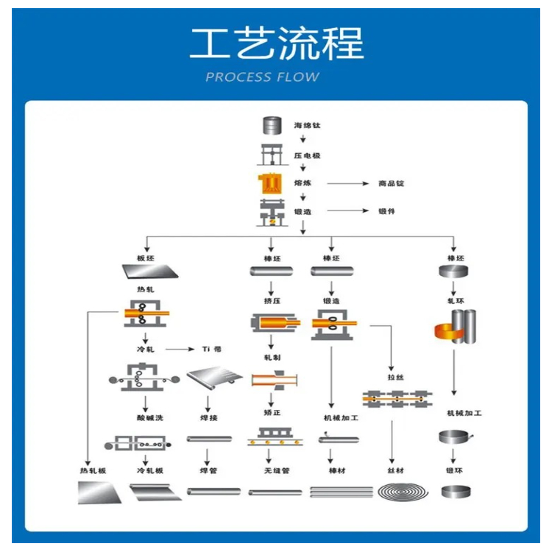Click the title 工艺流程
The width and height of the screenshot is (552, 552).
[275, 43]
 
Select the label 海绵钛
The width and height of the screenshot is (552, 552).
[307, 126]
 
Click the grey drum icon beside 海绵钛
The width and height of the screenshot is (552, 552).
[272, 125]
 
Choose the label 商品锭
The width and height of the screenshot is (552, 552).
[392, 183]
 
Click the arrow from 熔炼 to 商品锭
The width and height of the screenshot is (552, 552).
[347, 183]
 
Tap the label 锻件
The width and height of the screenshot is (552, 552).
[387, 211]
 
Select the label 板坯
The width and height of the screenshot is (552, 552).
[146, 258]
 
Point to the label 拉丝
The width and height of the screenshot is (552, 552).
[392, 378]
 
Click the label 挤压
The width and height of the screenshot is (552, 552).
[272, 300]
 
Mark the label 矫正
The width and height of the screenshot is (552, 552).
[272, 414]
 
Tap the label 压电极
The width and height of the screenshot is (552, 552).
[307, 156]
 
